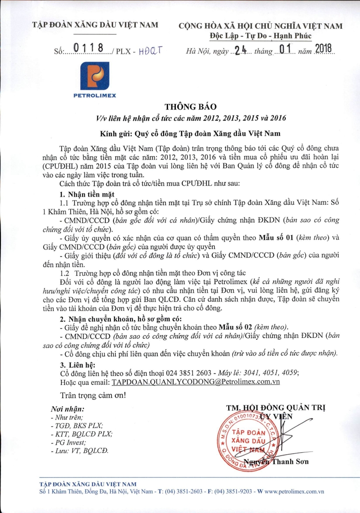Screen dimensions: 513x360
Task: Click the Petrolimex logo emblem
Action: (x=95, y=76)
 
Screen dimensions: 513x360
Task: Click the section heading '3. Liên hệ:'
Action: (x=77, y=365)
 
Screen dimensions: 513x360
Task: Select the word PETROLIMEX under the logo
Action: (x=95, y=95)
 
